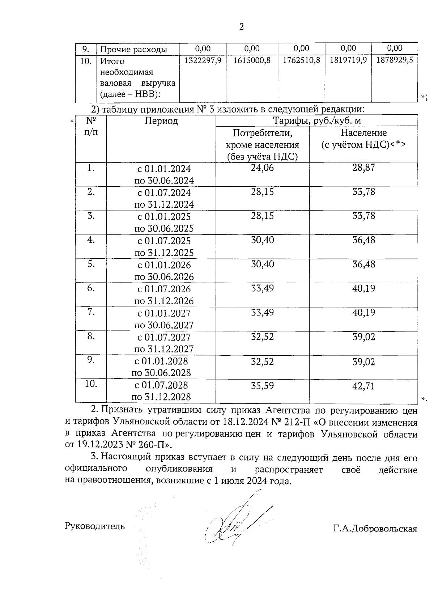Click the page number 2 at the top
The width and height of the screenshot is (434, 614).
[242, 27]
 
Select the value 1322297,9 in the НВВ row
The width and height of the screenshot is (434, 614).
[203, 60]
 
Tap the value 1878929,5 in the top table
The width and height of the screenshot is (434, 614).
[395, 60]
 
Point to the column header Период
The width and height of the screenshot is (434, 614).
[161, 121]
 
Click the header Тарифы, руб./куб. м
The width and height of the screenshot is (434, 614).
[316, 120]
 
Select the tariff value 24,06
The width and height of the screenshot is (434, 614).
[263, 168]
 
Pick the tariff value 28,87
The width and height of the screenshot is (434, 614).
[364, 168]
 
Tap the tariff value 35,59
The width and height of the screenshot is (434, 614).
[263, 386]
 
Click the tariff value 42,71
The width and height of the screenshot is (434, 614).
[364, 386]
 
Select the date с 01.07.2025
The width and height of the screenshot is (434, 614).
[164, 241]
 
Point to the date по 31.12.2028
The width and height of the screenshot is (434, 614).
[161, 397]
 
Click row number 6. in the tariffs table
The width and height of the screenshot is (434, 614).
[91, 288]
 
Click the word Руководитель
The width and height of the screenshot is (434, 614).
[95, 526]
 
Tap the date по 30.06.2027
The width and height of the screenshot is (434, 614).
[164, 325]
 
